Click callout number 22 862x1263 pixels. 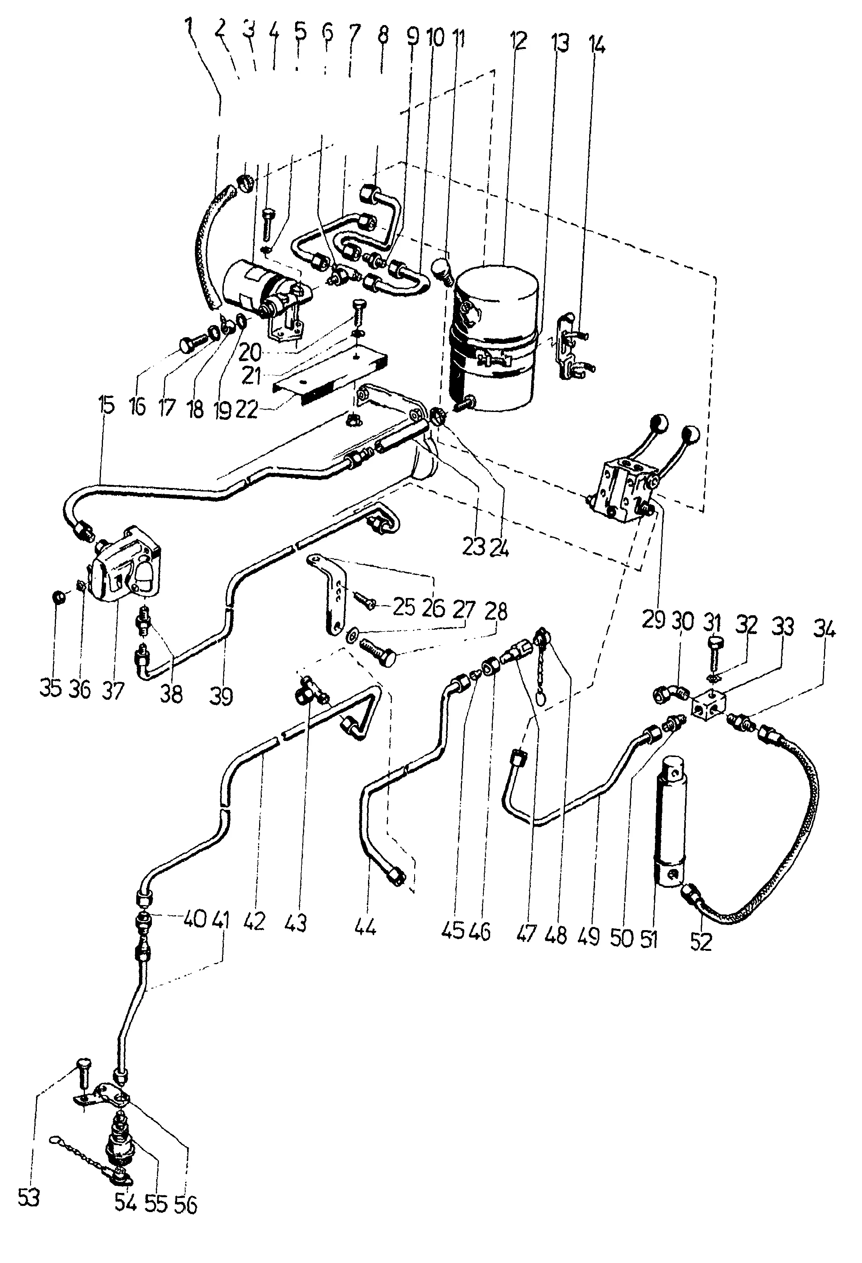click(x=247, y=409)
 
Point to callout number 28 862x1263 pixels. click(x=495, y=612)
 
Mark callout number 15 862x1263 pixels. click(x=106, y=405)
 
